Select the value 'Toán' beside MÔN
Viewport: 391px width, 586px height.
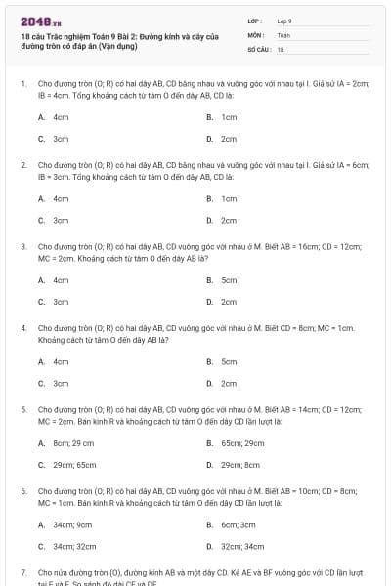[x=283, y=34]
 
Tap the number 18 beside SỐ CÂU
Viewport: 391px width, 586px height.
[x=281, y=48]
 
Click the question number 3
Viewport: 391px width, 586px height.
[x=22, y=246]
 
